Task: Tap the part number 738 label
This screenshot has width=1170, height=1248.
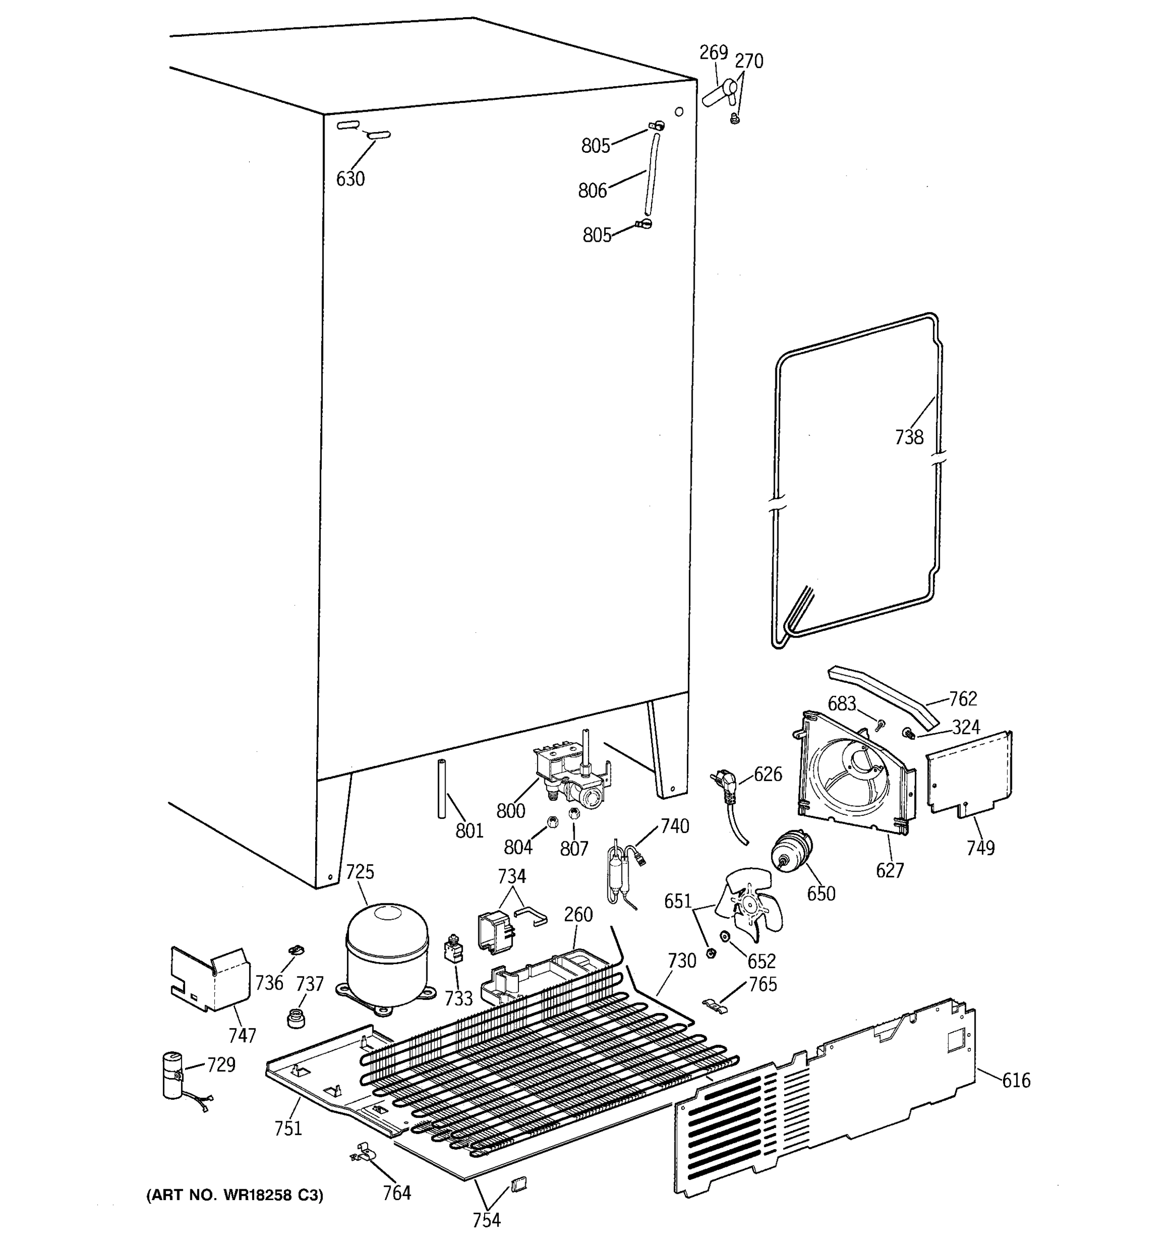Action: coord(909,437)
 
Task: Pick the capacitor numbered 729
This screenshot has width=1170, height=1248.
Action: coord(173,1075)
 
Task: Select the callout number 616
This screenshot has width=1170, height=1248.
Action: coord(1016,1080)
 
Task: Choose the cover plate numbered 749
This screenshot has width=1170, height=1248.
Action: coord(970,773)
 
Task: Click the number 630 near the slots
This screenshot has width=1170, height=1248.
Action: coord(349,179)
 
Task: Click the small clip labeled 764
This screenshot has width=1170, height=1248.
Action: coord(362,1152)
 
